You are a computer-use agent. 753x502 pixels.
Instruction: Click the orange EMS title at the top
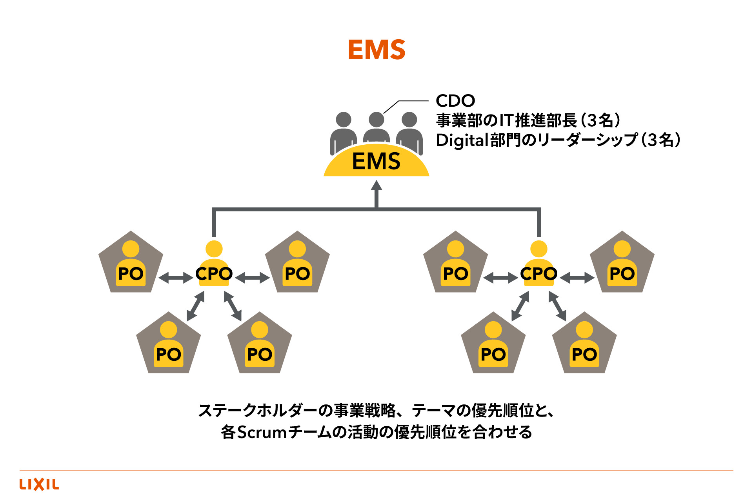pyautogui.click(x=376, y=50)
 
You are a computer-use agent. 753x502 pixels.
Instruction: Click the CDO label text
pyautogui.click(x=455, y=101)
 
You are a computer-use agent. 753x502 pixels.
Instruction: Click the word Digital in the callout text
pyautogui.click(x=463, y=140)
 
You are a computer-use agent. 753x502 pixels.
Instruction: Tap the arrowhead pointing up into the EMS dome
pyautogui.click(x=376, y=186)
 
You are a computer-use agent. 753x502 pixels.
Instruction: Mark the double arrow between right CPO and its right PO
pyautogui.click(x=577, y=278)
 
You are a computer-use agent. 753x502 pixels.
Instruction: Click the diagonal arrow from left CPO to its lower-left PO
pyautogui.click(x=196, y=306)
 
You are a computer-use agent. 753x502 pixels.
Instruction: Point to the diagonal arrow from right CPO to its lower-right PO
pyautogui.click(x=557, y=306)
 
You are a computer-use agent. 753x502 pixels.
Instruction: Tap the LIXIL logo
pyautogui.click(x=39, y=484)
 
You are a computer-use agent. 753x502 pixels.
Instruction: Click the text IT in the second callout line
pyautogui.click(x=506, y=120)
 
